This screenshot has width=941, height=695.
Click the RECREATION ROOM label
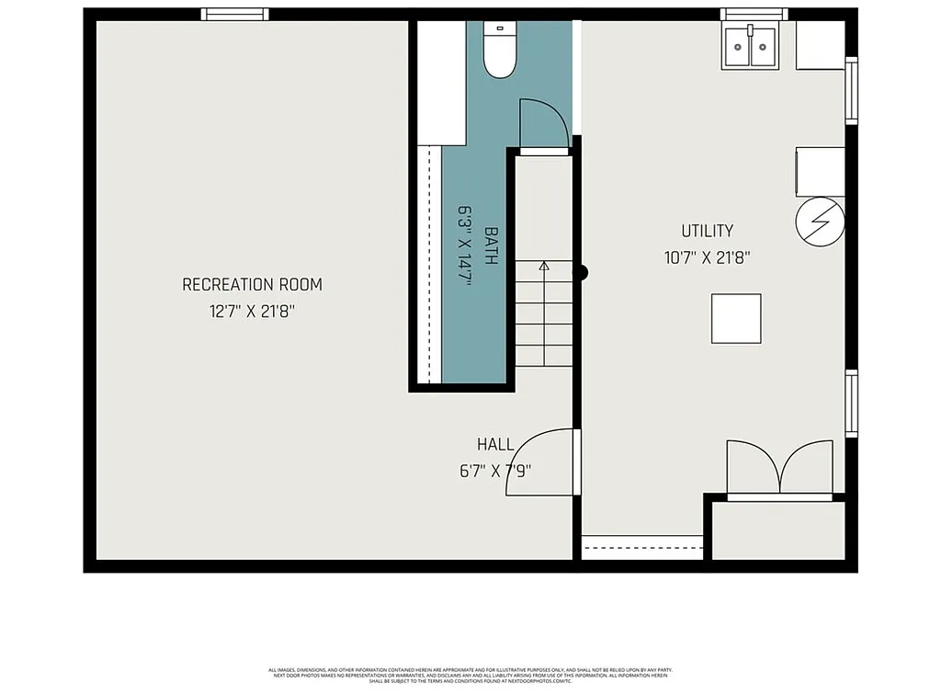point(252,285)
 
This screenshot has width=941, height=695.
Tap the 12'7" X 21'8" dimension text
point(252,313)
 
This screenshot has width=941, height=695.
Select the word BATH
point(491,246)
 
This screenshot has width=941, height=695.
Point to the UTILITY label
point(707,232)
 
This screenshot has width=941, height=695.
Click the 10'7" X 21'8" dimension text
point(707,258)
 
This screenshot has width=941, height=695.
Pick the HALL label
point(495,445)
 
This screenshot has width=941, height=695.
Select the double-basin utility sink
point(752,47)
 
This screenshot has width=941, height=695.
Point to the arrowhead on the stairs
point(543,267)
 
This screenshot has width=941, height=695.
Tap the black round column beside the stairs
point(580,273)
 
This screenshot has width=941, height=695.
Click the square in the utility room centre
point(736,318)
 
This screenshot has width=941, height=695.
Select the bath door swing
point(542,124)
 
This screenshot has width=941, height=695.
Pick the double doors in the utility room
point(780,469)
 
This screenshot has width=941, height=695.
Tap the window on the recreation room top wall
point(235,14)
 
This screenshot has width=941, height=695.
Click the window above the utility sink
point(754,14)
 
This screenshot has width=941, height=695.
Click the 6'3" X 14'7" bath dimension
point(465,246)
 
